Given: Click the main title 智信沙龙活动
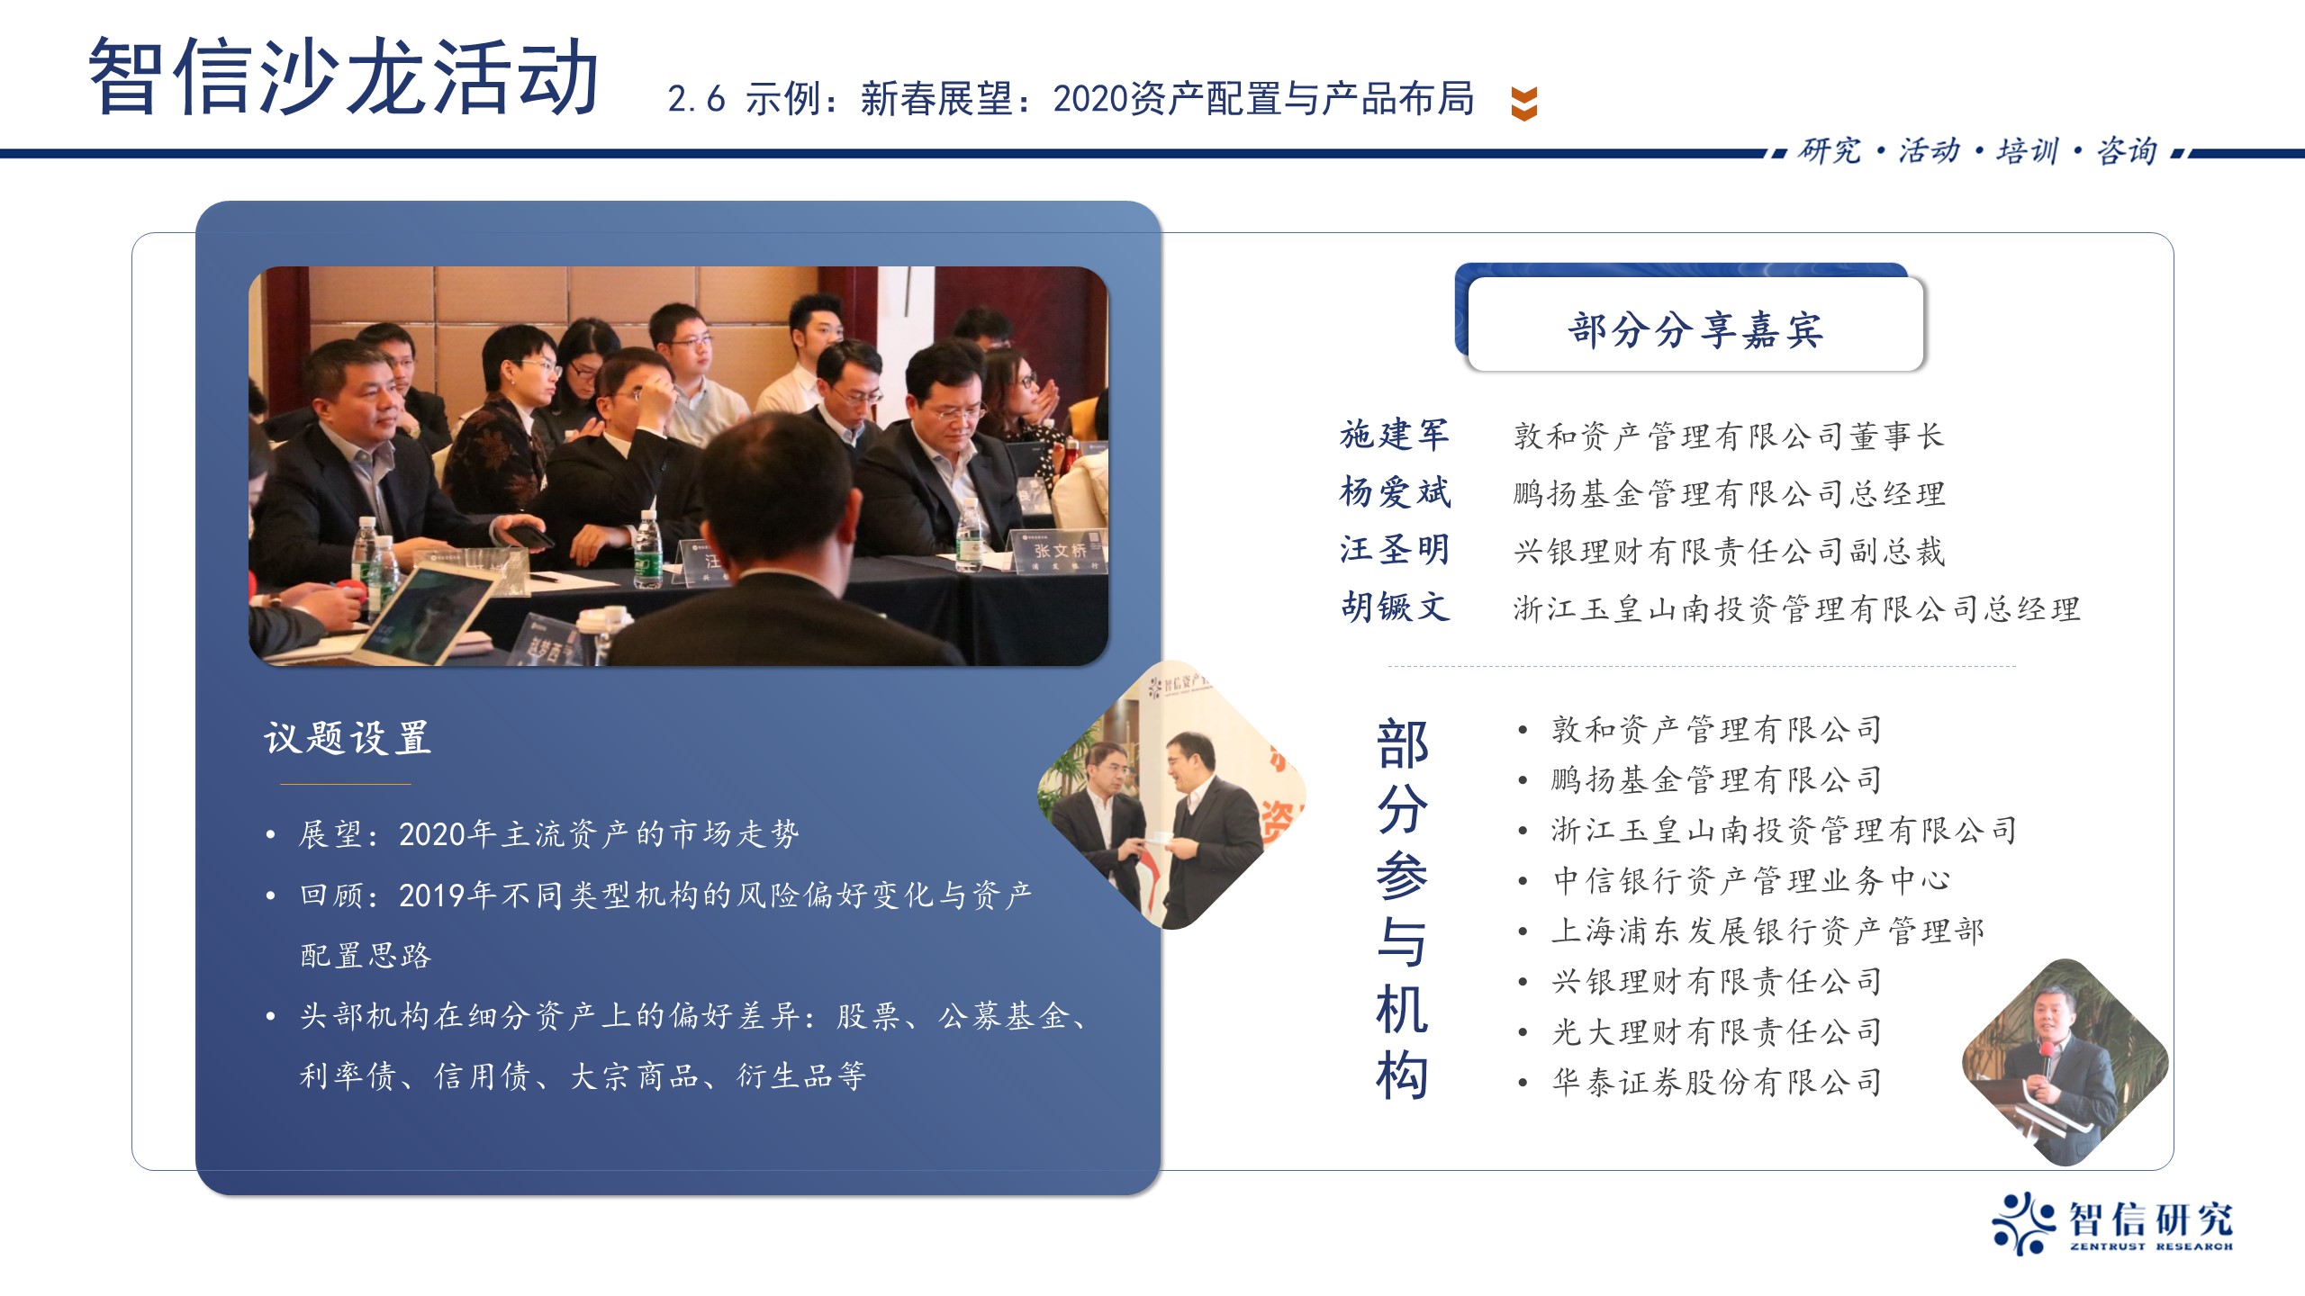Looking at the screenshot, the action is [x=344, y=77].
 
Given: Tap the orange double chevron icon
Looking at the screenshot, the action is [x=1523, y=103].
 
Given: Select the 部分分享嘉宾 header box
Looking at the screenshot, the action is [x=1695, y=324].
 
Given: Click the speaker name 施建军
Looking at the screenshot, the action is [x=1395, y=435].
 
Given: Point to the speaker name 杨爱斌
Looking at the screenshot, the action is [x=1395, y=492].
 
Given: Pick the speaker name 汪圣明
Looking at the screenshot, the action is [x=1395, y=550].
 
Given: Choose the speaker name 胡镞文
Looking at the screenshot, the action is [x=1395, y=607].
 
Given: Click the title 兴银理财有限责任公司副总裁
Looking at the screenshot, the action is [x=1729, y=551].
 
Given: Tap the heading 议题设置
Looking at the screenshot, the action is [x=348, y=738].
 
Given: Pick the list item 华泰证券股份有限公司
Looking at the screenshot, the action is [x=1717, y=1082].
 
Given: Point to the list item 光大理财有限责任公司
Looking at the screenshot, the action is [x=1717, y=1031].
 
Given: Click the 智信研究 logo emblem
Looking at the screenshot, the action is [x=2022, y=1223].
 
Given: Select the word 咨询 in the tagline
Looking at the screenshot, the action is [x=2127, y=151].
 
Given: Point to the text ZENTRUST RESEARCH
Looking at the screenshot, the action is [x=2151, y=1246].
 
